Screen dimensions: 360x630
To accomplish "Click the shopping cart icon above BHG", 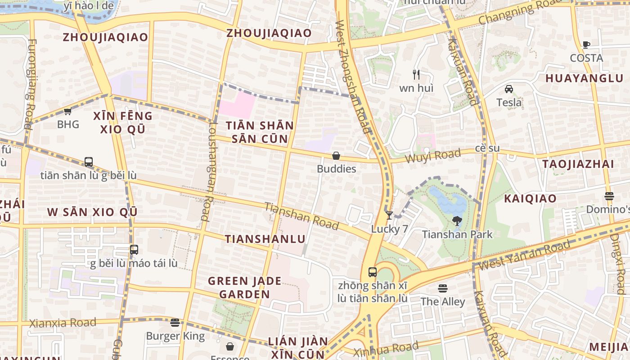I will coord(67,112).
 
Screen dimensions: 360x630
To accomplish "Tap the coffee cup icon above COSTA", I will coord(586,45).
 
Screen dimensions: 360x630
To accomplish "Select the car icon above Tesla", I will coord(509,89).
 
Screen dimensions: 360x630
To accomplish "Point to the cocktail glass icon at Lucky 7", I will coord(389,216).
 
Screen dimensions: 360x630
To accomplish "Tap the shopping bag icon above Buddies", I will coord(336,156).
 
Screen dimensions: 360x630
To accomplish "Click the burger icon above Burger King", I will coord(175,322).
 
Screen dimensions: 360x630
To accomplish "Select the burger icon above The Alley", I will coord(443,288).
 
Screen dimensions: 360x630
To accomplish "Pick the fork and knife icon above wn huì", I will coord(416,74).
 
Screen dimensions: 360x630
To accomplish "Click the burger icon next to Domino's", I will coord(609,196).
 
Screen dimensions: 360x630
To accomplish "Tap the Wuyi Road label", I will coord(433,156).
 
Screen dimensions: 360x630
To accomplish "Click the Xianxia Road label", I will coord(63,323).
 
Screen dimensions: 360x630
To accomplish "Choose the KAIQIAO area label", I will coord(530,198).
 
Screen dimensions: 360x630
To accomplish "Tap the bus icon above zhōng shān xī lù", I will coord(373,272).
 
